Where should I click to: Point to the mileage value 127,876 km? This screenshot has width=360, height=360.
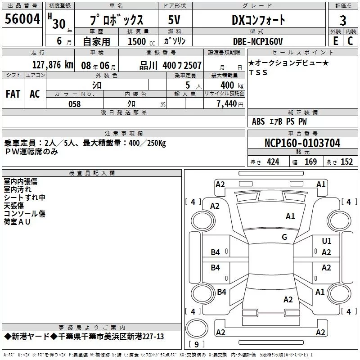[53, 65]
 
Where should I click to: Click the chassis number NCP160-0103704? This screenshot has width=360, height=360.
[302, 143]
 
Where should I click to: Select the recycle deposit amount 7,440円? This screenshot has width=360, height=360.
[229, 103]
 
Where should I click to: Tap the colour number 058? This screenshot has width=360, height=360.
[74, 104]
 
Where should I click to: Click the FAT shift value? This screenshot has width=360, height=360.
[13, 94]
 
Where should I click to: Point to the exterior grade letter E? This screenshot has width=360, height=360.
[335, 41]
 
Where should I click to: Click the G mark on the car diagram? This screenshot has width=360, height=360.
[284, 237]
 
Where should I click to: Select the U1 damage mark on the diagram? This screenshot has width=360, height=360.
[327, 241]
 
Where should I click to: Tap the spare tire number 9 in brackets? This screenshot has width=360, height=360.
[196, 345]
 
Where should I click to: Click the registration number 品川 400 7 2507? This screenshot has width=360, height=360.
[170, 66]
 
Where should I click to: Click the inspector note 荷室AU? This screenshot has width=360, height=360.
[17, 222]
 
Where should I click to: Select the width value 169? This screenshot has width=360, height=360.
[310, 162]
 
